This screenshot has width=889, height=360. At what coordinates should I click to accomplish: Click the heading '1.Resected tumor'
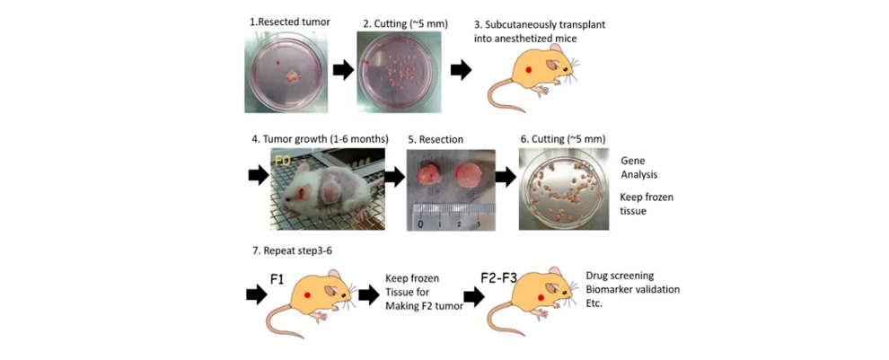[289, 22]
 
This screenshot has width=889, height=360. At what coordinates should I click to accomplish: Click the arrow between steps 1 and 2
[342, 70]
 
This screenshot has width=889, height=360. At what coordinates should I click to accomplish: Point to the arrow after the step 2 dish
[461, 70]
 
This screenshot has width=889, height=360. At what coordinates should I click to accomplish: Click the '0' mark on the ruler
[420, 224]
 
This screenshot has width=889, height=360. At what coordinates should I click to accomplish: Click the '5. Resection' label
[436, 139]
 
